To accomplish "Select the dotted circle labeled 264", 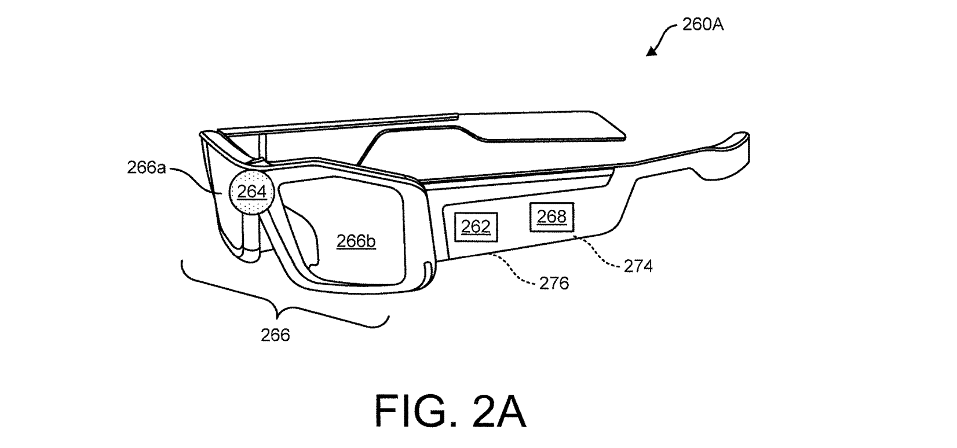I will point(252,191).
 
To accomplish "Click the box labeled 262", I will point(476,227).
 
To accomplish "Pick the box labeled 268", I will point(551,216).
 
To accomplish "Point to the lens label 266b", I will point(356,241).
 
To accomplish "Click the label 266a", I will point(147,168).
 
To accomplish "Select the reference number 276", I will point(554,283).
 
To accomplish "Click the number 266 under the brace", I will point(275,335).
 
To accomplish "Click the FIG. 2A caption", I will point(451,410).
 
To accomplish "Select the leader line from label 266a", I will point(197,177).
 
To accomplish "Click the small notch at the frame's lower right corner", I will point(427,272).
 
